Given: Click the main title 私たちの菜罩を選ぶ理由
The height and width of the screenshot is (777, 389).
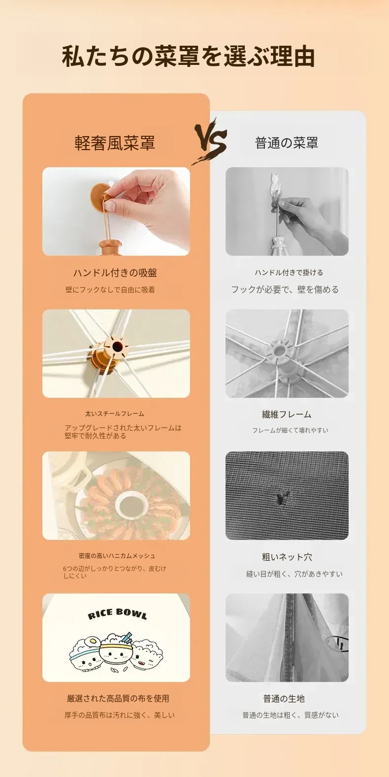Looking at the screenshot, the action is pyautogui.click(x=188, y=56).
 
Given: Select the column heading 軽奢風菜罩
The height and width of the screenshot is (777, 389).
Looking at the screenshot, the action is pyautogui.click(x=115, y=143).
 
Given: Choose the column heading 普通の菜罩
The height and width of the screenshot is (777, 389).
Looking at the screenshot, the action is pyautogui.click(x=287, y=143).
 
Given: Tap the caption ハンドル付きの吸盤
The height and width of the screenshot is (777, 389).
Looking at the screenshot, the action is pyautogui.click(x=115, y=273).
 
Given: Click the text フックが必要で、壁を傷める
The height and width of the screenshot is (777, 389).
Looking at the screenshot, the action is pyautogui.click(x=285, y=289).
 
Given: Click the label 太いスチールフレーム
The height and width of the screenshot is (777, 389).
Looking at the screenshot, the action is pyautogui.click(x=115, y=414).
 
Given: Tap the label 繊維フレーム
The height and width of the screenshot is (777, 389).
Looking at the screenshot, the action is pyautogui.click(x=287, y=414).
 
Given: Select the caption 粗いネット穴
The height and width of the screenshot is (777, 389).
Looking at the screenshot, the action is pyautogui.click(x=287, y=557).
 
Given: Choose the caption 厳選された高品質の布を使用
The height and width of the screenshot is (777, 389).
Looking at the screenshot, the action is pyautogui.click(x=118, y=698).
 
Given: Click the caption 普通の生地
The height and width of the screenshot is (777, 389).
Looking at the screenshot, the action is pyautogui.click(x=284, y=699).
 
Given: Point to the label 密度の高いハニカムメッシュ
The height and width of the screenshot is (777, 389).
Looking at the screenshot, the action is pyautogui.click(x=117, y=556).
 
